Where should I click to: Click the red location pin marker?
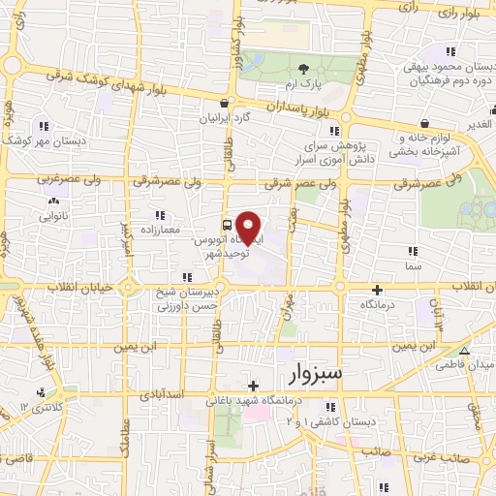click(249, 227)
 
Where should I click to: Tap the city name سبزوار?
click(313, 373)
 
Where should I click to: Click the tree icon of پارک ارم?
click(304, 68)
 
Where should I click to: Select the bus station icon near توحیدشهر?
click(226, 221)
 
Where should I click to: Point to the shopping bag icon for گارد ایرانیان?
click(225, 103)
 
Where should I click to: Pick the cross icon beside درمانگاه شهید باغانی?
click(252, 386)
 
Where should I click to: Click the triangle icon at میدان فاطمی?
click(465, 351)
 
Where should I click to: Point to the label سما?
click(414, 264)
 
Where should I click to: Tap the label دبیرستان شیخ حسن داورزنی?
click(188, 297)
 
